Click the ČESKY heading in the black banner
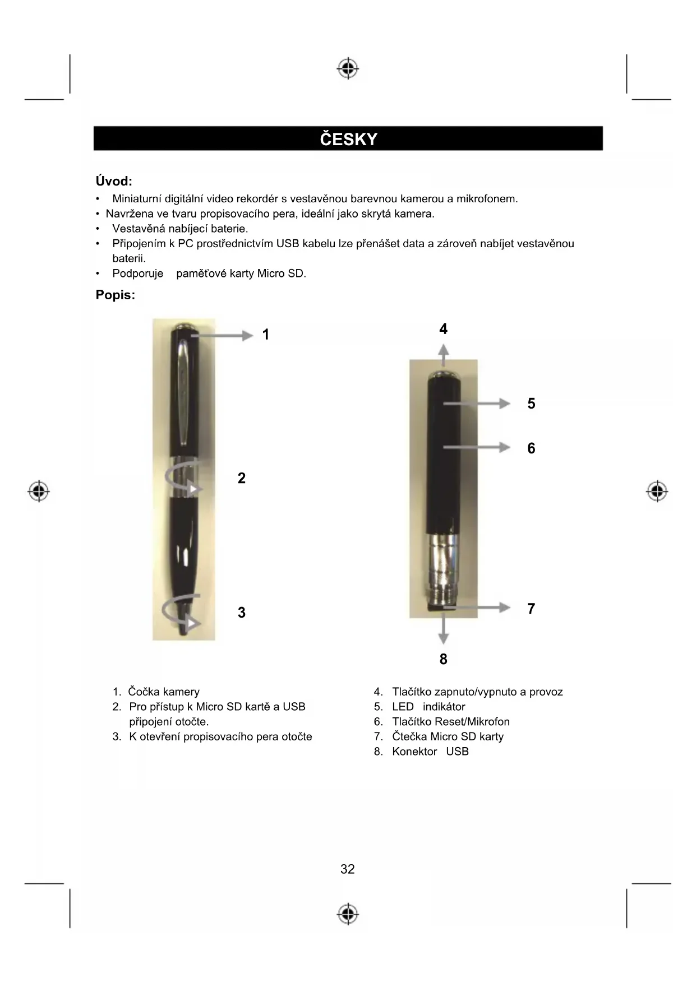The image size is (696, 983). tap(348, 139)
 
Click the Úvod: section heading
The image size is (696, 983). tap(114, 181)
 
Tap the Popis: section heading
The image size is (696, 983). tap(116, 295)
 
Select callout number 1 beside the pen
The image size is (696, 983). tap(266, 335)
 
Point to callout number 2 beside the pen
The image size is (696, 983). tap(242, 478)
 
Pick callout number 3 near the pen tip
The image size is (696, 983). tap(242, 613)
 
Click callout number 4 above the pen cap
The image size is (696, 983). tap(444, 329)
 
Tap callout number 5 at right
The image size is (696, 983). tap(531, 404)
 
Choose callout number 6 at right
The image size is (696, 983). tap(531, 448)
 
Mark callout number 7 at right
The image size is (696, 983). tap(531, 609)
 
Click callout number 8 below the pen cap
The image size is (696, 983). tap(444, 659)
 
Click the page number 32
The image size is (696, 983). tap(348, 869)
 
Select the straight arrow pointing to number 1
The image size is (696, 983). tap(222, 336)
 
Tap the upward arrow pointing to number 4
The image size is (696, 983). tap(444, 355)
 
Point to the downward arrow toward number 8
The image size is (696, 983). tap(444, 630)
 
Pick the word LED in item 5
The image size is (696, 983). tap(403, 707)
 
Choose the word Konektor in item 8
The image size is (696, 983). tap(414, 752)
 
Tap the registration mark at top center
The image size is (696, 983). tap(348, 68)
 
